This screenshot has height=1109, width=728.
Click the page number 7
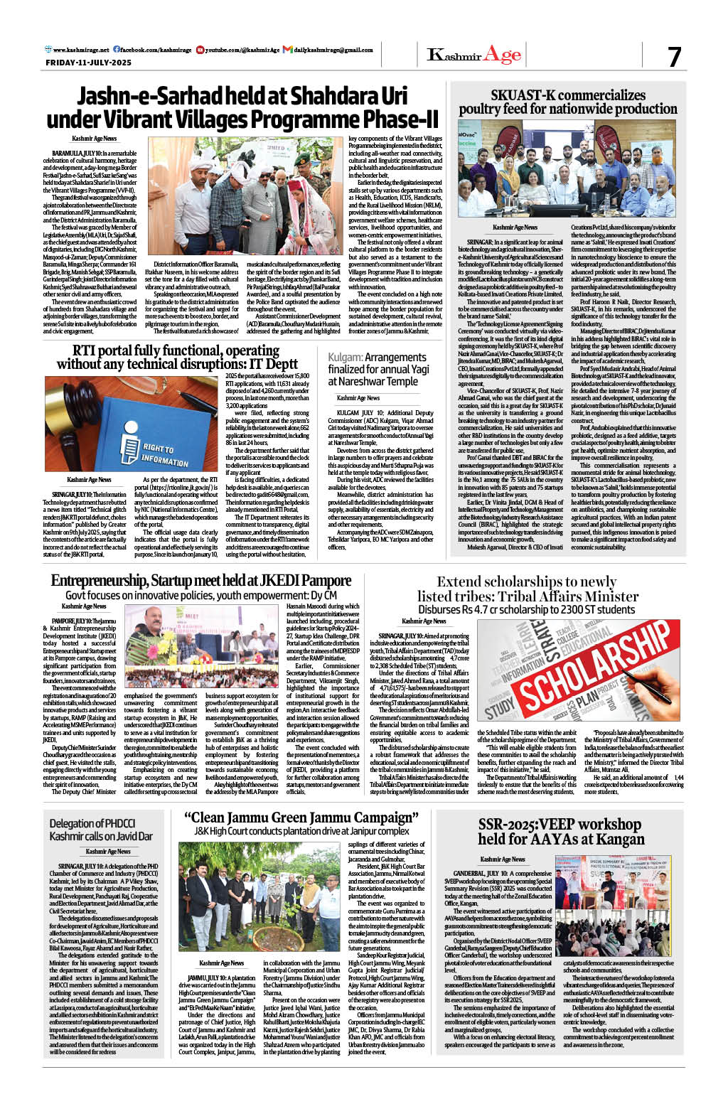coord(674,57)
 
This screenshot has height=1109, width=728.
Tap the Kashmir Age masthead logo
coord(473,55)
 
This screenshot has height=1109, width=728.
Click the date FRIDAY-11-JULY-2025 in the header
coord(88,63)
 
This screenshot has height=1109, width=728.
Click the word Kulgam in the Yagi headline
coord(345,358)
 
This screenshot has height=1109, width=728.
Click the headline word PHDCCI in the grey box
coord(116,823)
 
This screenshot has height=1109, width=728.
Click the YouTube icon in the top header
coord(200,50)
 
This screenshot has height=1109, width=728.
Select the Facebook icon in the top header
coord(116,50)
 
